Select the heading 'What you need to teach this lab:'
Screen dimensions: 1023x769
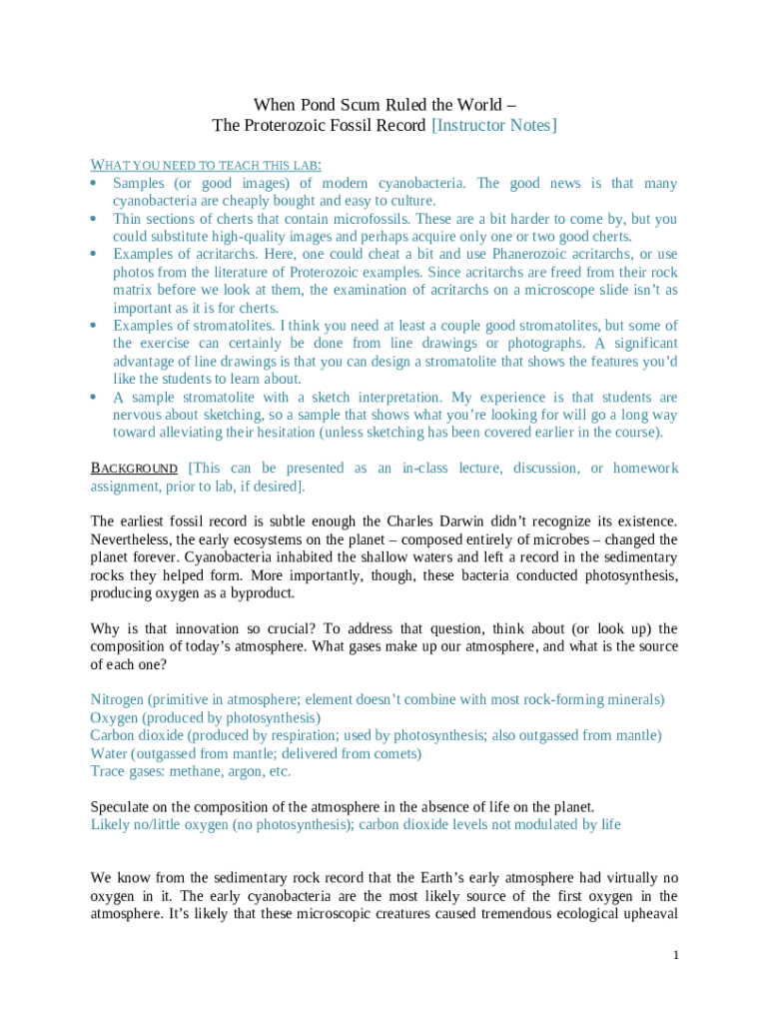click(206, 165)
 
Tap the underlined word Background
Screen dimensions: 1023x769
click(134, 469)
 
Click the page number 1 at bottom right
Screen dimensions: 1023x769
click(675, 955)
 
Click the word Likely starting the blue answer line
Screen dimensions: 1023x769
click(111, 824)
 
